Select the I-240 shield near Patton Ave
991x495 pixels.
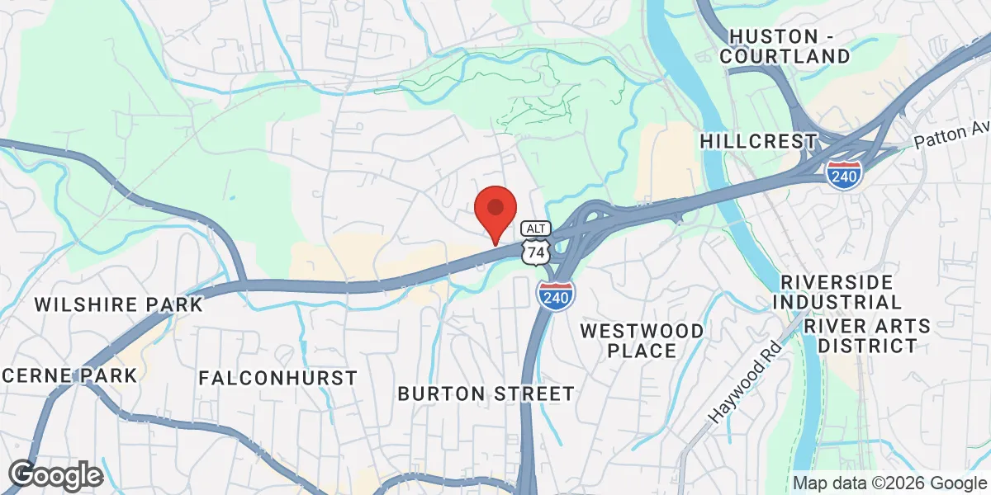tap(843, 172)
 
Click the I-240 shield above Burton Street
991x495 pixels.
tap(556, 294)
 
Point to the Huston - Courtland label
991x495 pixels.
tap(784, 46)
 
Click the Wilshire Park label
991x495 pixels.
tap(118, 304)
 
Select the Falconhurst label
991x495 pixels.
tap(278, 378)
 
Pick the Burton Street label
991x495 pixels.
tap(486, 394)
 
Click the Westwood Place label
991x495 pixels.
tap(642, 341)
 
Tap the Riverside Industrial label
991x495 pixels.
tap(837, 292)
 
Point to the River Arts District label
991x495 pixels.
tap(867, 336)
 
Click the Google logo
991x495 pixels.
tap(55, 475)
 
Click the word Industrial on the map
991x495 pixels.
tap(837, 303)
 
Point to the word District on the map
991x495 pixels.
tap(867, 346)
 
